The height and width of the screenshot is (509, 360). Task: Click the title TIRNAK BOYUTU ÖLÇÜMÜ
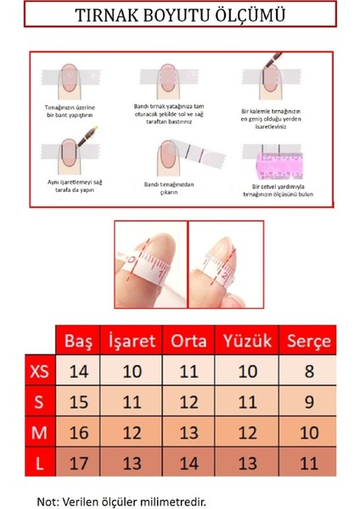(x=179, y=16)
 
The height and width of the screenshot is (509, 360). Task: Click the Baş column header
(x=78, y=342)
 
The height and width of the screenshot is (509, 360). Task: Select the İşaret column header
(x=132, y=342)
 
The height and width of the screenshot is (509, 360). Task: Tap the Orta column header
(x=189, y=342)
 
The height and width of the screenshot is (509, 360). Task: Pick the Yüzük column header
(x=246, y=342)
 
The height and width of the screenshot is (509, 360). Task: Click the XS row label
(x=38, y=371)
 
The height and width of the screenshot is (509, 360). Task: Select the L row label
(x=38, y=462)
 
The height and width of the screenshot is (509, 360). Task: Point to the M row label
(x=38, y=432)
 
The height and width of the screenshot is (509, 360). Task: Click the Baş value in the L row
(x=78, y=462)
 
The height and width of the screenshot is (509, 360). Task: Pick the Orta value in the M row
(x=189, y=432)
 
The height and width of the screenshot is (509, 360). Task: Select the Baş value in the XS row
(x=78, y=371)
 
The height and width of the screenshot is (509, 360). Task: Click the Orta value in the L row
(x=189, y=462)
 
